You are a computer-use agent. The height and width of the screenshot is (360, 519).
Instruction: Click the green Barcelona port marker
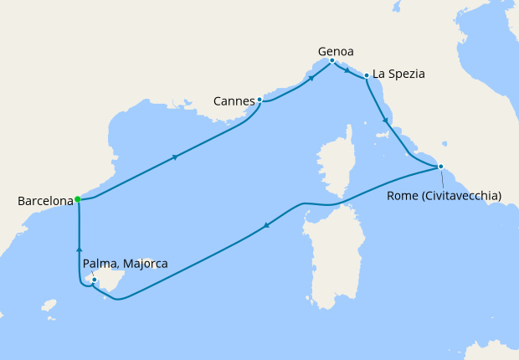click(x=78, y=199)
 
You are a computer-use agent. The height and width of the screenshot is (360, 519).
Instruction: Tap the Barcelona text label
click(x=44, y=202)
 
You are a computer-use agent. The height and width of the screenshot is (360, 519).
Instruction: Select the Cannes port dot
click(x=259, y=100)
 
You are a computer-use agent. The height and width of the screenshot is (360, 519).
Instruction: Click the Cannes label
click(x=234, y=101)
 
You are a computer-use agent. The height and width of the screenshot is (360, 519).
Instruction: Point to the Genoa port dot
click(x=332, y=60)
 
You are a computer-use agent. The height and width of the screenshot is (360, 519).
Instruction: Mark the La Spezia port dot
click(x=367, y=76)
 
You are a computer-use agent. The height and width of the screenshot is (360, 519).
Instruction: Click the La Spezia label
click(x=399, y=74)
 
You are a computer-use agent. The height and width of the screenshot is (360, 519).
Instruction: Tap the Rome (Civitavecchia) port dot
click(x=440, y=167)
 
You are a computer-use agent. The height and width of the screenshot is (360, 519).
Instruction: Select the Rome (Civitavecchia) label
click(x=444, y=196)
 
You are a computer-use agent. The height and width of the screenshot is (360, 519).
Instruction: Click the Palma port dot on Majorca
click(x=95, y=280)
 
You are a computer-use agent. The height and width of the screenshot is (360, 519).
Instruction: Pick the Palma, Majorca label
click(x=126, y=264)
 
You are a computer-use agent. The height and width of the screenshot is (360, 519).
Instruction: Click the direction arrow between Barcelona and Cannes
click(x=175, y=157)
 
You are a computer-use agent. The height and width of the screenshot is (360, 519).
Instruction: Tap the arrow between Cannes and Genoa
click(x=311, y=78)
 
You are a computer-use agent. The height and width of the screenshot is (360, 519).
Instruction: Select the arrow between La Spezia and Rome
click(x=385, y=121)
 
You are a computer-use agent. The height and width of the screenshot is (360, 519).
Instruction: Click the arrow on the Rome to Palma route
click(x=266, y=224)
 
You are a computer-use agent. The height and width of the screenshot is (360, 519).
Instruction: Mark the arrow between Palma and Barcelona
click(x=79, y=248)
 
